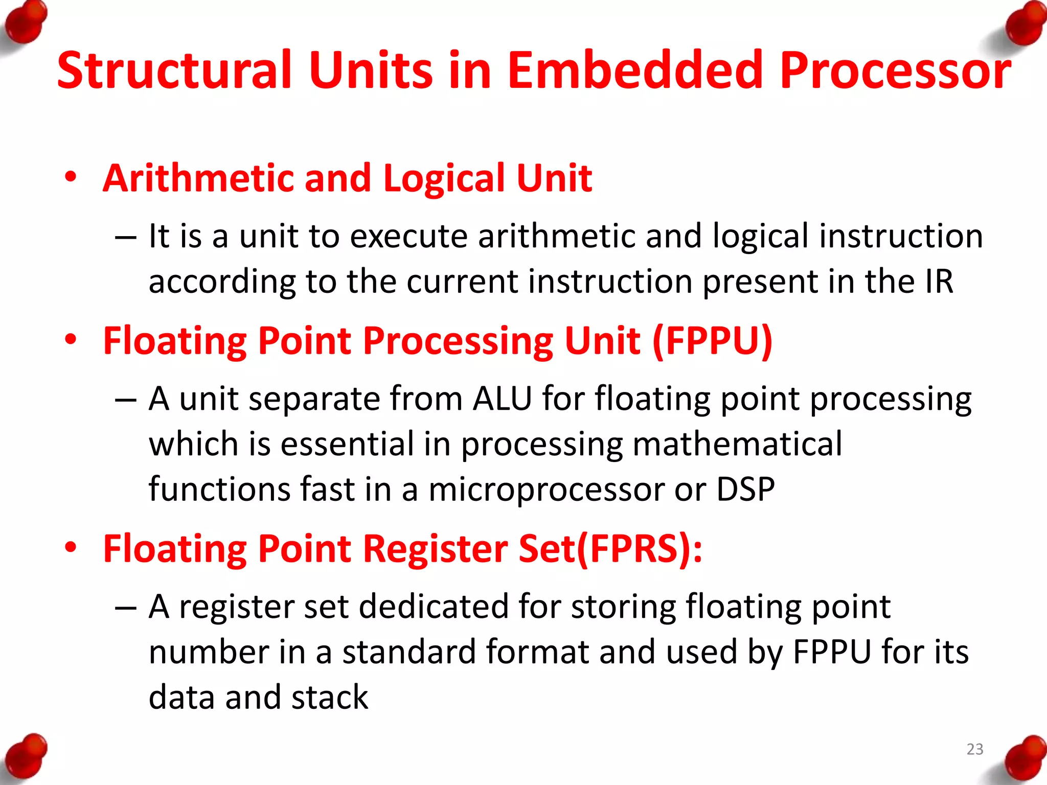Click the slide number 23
(x=974, y=749)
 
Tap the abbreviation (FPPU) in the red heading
(x=712, y=341)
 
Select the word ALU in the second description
(x=503, y=399)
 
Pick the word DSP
(x=745, y=489)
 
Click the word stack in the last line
(x=329, y=698)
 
